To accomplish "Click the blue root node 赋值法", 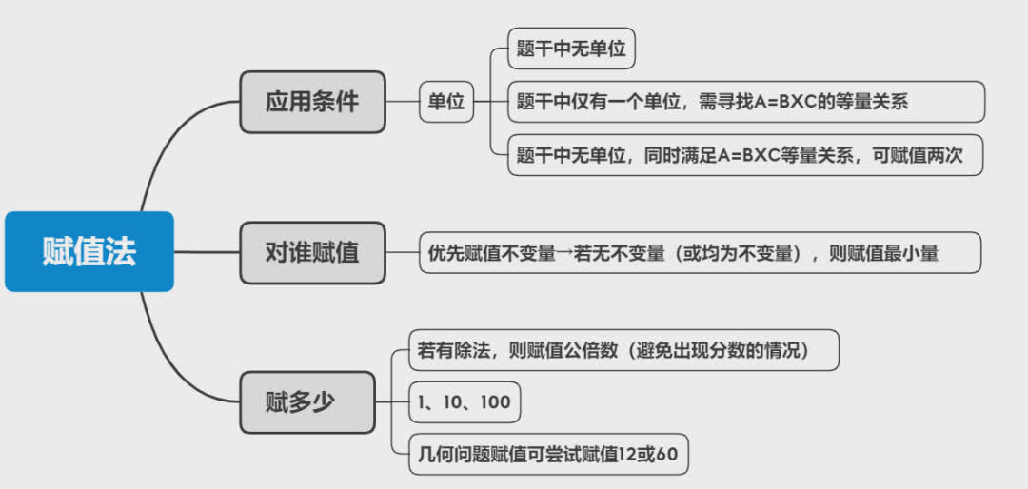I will pyautogui.click(x=89, y=251).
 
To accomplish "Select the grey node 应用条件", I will pyautogui.click(x=312, y=102).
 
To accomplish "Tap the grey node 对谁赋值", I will pyautogui.click(x=312, y=253).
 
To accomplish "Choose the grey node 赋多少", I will pyautogui.click(x=306, y=401).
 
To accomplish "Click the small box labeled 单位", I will pyautogui.click(x=446, y=102).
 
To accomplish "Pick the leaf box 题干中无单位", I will pyautogui.click(x=571, y=49).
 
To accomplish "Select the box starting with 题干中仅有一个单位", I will pyautogui.click(x=745, y=102).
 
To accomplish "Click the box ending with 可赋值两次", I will pyautogui.click(x=745, y=155).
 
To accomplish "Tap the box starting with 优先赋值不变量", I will pyautogui.click(x=686, y=253).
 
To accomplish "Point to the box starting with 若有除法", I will pyautogui.click(x=623, y=350).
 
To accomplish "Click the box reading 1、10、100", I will pyautogui.click(x=464, y=402).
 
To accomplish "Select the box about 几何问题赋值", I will pyautogui.click(x=547, y=456).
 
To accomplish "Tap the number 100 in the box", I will pyautogui.click(x=495, y=402).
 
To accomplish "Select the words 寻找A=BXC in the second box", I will pyautogui.click(x=743, y=102).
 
